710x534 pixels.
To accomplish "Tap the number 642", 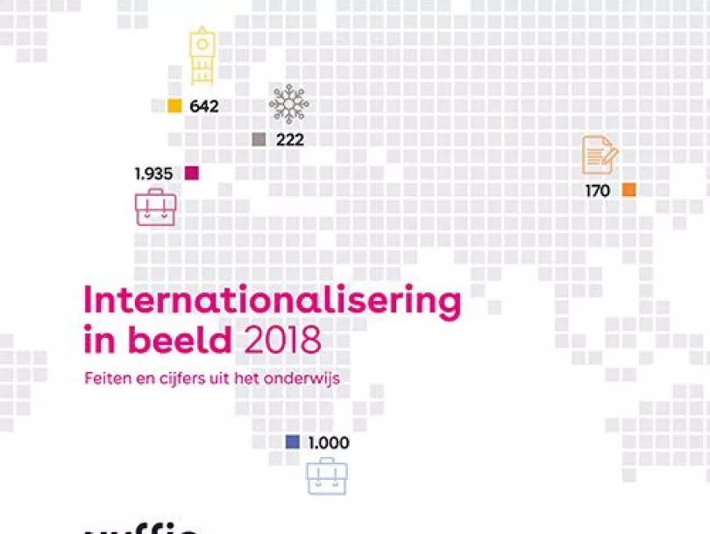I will [203, 107].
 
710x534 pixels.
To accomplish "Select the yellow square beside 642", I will [174, 106].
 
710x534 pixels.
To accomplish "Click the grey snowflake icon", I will [288, 105].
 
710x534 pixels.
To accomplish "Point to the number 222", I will [290, 139].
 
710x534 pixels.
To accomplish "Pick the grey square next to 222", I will [259, 139].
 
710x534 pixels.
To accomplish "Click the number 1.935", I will [153, 173].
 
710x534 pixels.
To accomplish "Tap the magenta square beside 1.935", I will [192, 173].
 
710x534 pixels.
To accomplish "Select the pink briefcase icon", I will [155, 207].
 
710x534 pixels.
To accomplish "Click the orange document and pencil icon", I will [600, 156].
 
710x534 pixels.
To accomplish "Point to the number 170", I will [597, 190].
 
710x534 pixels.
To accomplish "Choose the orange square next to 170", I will [628, 190].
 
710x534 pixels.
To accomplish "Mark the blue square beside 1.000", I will [293, 442].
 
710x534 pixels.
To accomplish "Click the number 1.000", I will [328, 443].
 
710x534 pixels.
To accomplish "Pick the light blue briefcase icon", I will [326, 477].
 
